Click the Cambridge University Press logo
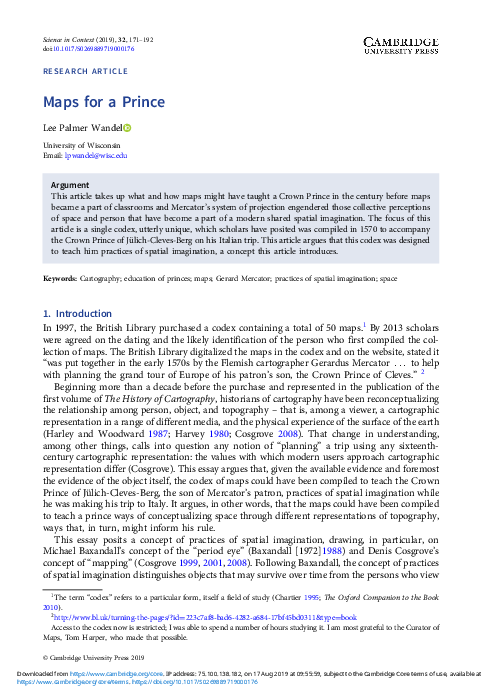pos(411,43)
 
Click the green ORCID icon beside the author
pos(128,127)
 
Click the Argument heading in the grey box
pos(69,186)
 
